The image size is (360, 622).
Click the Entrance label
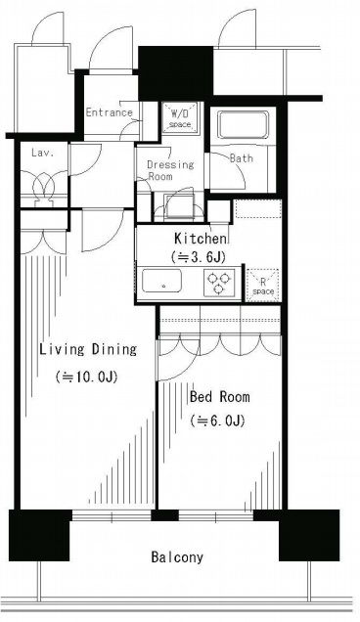[x=110, y=112]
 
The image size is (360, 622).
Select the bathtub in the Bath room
[x=243, y=124]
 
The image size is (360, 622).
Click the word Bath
[x=242, y=157]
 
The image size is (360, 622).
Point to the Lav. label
[x=42, y=153]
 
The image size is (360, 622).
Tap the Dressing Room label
[x=170, y=170]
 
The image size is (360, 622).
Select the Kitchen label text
[x=201, y=239]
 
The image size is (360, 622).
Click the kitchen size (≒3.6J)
[x=199, y=257]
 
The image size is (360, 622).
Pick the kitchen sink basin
[x=162, y=281]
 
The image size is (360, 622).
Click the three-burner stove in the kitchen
[x=219, y=283]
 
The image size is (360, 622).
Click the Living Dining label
[x=88, y=349]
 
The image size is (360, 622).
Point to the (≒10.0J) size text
[x=86, y=377]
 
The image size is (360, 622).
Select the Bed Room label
[x=220, y=396]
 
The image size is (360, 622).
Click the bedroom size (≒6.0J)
[x=217, y=421]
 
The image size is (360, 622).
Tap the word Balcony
[x=177, y=556]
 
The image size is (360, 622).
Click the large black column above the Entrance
[x=176, y=72]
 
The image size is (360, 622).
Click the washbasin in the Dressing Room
[x=179, y=205]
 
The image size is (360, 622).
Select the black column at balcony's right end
[x=309, y=535]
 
